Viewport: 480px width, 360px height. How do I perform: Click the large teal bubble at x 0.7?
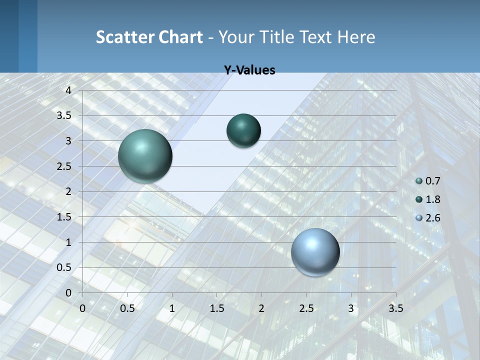(x=145, y=156)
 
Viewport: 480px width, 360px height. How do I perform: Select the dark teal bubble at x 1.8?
(x=243, y=130)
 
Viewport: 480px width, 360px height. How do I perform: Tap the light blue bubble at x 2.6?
(x=315, y=252)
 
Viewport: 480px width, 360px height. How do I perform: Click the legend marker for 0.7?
(x=419, y=181)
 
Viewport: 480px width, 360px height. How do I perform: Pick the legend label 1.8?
(x=433, y=199)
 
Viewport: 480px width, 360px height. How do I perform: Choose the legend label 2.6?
(x=433, y=218)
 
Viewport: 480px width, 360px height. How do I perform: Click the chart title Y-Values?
(x=249, y=70)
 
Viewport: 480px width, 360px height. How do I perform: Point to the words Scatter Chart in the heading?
(x=149, y=37)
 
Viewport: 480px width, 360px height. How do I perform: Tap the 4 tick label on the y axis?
(x=68, y=90)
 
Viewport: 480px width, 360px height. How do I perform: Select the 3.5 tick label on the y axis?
(x=64, y=115)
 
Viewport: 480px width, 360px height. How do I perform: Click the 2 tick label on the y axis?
(x=68, y=191)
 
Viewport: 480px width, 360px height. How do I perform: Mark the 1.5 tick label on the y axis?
(x=64, y=217)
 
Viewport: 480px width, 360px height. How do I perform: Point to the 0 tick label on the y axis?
(x=68, y=292)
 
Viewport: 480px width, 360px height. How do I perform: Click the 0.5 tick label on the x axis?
(x=127, y=308)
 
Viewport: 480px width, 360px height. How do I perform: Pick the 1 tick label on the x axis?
(x=172, y=308)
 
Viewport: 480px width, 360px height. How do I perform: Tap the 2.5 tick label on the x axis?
(x=306, y=308)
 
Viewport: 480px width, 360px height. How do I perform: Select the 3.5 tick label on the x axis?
(x=395, y=308)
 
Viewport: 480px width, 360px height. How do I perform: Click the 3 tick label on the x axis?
(x=351, y=308)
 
